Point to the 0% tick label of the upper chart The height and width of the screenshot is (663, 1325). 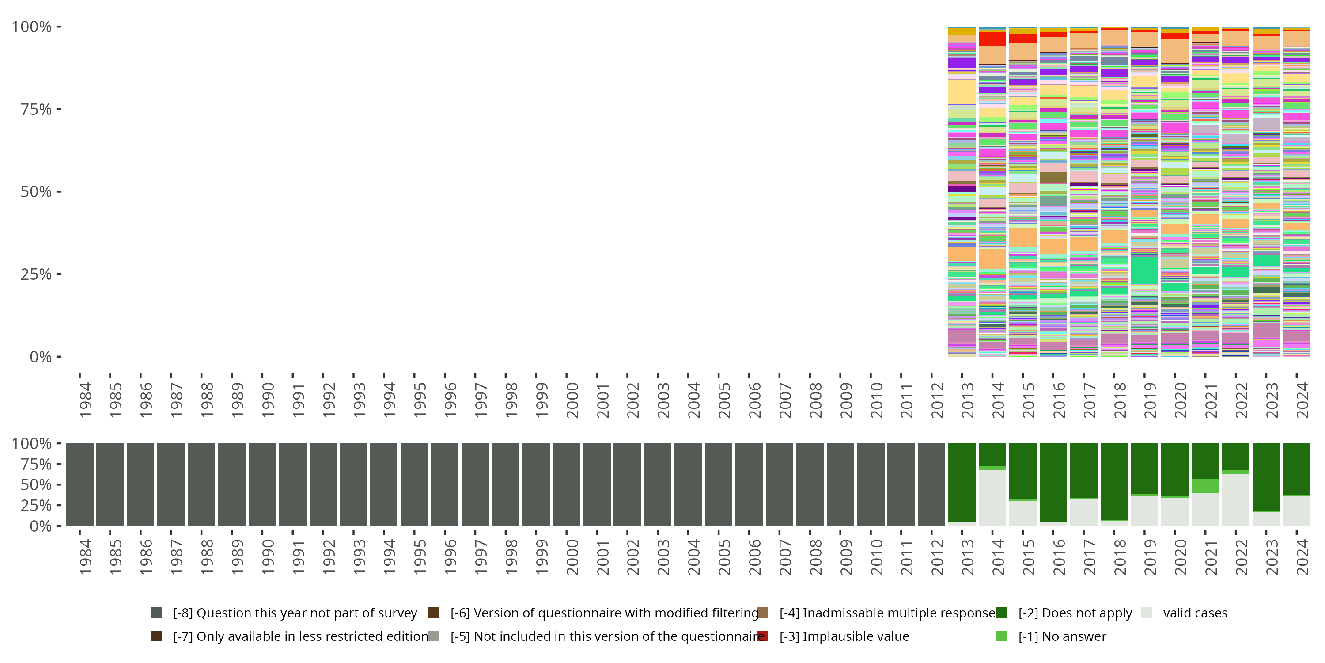coord(40,357)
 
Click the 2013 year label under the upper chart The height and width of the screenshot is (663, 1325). coord(967,400)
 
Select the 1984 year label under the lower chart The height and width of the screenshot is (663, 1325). coord(85,557)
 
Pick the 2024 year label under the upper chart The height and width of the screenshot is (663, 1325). coord(1302,400)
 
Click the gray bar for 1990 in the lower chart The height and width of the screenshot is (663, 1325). coord(262,484)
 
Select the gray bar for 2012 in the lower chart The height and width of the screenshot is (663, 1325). coord(931,484)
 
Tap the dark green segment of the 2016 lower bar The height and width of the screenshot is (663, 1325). coord(1053,482)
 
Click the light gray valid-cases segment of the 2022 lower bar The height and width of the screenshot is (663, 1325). coord(1235,499)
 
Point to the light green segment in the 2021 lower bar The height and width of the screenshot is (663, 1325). coord(1205,486)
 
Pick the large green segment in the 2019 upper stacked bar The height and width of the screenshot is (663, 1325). coord(1144,270)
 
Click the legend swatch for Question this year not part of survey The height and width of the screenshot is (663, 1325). coord(156,613)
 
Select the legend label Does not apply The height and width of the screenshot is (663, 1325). coord(1075,613)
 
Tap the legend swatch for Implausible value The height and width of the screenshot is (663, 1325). coord(763,636)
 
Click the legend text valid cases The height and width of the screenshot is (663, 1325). coord(1195,613)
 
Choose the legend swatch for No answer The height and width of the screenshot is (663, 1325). coord(1001,636)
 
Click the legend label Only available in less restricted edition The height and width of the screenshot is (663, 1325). coord(300,636)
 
